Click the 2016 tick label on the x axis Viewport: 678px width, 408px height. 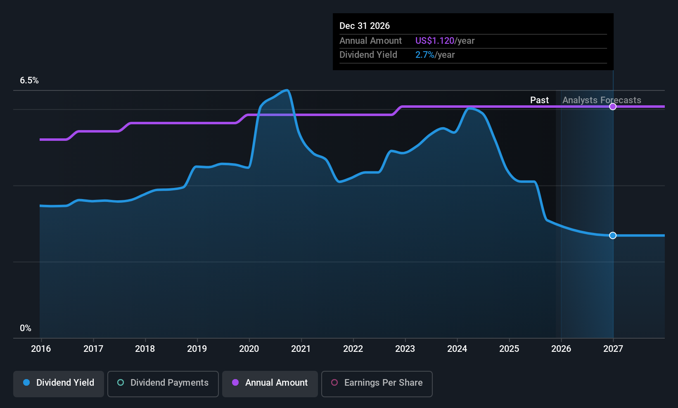tap(41, 349)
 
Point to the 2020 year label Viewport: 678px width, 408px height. tap(249, 349)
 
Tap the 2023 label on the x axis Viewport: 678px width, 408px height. tap(405, 349)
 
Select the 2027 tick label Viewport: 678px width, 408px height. tap(613, 349)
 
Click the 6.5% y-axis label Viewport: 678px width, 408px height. tap(29, 81)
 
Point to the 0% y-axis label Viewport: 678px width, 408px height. tap(26, 328)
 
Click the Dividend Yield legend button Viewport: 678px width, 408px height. tap(59, 383)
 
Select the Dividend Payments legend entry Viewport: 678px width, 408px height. tap(163, 383)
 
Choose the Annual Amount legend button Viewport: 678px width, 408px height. tap(270, 383)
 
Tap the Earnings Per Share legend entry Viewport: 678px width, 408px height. tap(377, 383)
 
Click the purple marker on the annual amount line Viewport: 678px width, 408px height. tap(613, 107)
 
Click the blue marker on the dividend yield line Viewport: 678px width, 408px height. tap(613, 235)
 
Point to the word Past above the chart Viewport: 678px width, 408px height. tap(539, 100)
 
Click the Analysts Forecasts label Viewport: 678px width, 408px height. tap(602, 100)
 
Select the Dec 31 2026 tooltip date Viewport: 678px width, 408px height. tap(365, 26)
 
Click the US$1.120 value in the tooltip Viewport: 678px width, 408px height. tap(434, 40)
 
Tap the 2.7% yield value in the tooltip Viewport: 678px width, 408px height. tap(424, 55)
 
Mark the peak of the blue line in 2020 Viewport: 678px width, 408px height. tap(286, 90)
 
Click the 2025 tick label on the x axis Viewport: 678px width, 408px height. tap(509, 349)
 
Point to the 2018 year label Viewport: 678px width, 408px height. tap(145, 349)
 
